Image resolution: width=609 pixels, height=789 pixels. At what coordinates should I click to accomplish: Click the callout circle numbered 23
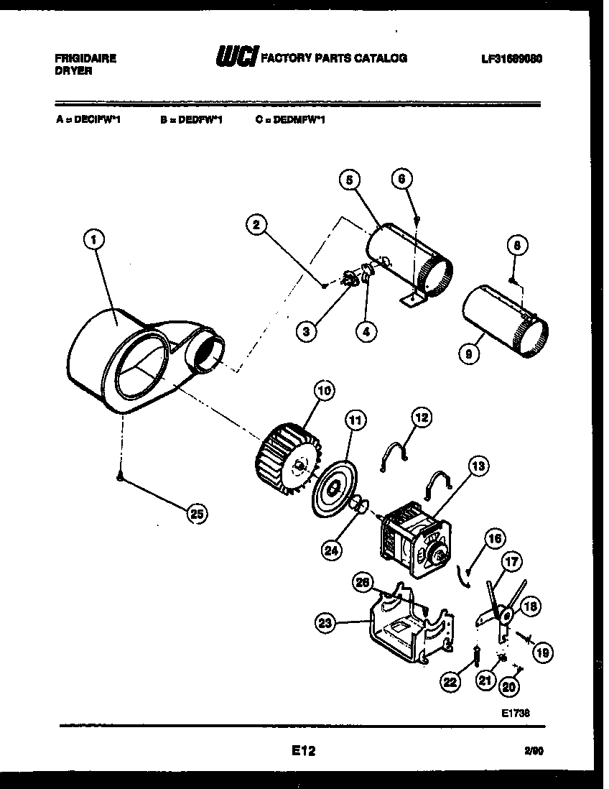tap(327, 624)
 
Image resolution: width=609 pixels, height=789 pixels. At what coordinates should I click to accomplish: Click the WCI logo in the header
tap(236, 57)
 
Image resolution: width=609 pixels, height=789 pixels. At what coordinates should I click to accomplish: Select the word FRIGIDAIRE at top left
tap(85, 58)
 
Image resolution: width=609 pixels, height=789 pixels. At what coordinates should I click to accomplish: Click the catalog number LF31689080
tap(511, 58)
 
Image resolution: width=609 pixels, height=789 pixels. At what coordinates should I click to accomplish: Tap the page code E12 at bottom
tap(303, 751)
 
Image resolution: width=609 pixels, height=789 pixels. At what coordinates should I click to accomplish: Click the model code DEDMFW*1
tap(290, 121)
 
